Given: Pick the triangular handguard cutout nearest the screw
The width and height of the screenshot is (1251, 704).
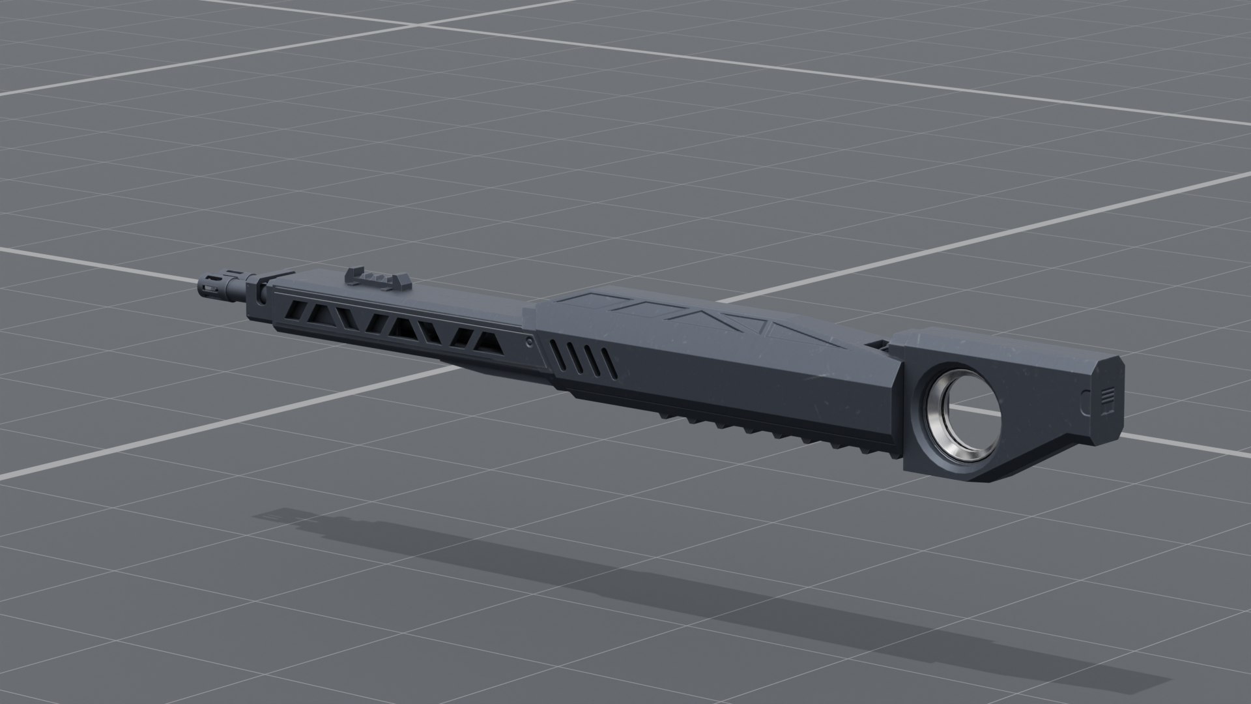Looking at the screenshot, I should point(483,341).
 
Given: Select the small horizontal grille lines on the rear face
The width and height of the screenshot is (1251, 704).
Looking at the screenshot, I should point(1110,396).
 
